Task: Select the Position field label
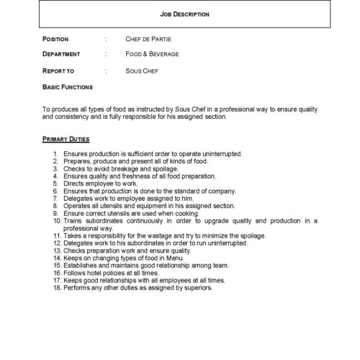coord(55,38)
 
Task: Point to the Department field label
coord(62,54)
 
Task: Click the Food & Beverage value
coord(153,54)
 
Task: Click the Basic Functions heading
coord(68,86)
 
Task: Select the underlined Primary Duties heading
coord(66,137)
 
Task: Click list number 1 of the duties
coord(56,154)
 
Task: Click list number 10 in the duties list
coord(55,221)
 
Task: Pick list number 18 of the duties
coord(55,288)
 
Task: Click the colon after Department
coord(106,54)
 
